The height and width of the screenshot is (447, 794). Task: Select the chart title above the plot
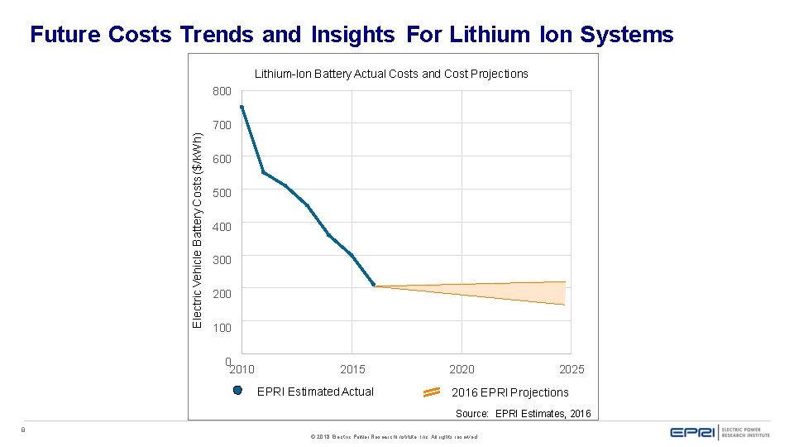[x=391, y=74]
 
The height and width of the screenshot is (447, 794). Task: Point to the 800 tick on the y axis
[x=222, y=91]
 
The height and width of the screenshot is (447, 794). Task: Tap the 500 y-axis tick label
[x=222, y=193]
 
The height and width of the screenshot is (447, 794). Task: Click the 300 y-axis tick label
[x=222, y=260]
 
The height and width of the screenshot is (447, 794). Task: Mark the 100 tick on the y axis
[x=222, y=328]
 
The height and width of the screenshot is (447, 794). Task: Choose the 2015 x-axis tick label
[x=353, y=369]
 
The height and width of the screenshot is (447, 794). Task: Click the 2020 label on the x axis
[x=462, y=369]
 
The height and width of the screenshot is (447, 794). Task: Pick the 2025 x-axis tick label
[x=572, y=369]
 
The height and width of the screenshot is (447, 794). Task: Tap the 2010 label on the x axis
[x=242, y=369]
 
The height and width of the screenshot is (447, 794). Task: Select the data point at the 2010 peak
[x=242, y=107]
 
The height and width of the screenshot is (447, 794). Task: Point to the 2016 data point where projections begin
[x=374, y=286]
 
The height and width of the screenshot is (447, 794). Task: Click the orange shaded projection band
[x=513, y=290]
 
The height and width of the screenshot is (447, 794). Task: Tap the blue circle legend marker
[x=237, y=392]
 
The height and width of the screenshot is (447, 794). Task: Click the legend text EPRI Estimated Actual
[x=315, y=392]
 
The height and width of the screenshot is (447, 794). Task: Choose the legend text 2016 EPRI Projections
[x=510, y=392]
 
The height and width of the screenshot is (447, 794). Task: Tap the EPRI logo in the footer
[x=693, y=431]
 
